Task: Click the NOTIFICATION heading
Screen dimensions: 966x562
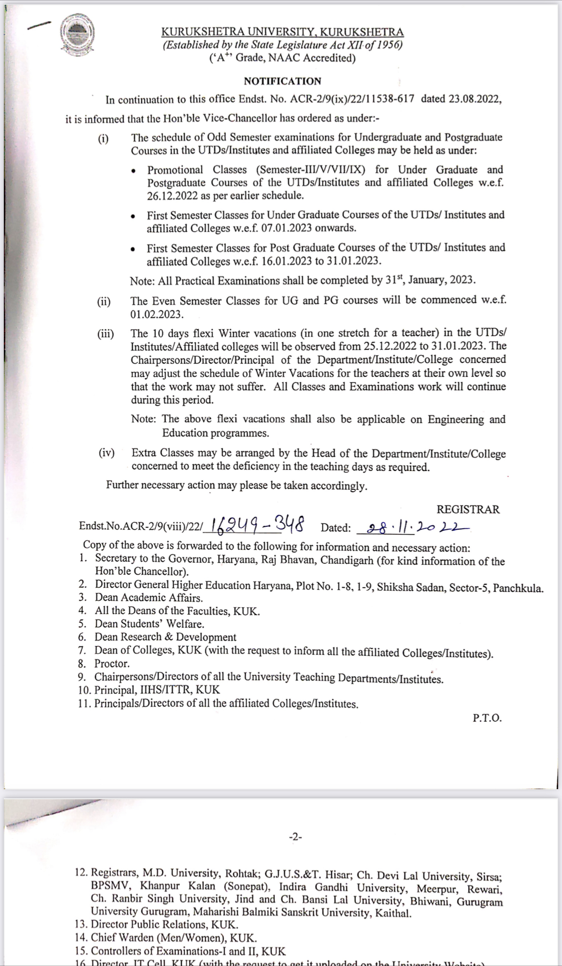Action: [282, 81]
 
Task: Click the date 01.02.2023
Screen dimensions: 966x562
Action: [157, 314]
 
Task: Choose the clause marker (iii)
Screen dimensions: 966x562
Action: [105, 334]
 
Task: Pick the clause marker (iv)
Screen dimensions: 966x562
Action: [106, 453]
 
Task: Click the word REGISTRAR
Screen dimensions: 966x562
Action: [468, 509]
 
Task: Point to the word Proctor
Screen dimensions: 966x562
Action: [112, 664]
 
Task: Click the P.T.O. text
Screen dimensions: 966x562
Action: [487, 718]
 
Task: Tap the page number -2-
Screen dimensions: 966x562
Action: [295, 837]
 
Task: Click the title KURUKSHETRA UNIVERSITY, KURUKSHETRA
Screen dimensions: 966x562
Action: [282, 32]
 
